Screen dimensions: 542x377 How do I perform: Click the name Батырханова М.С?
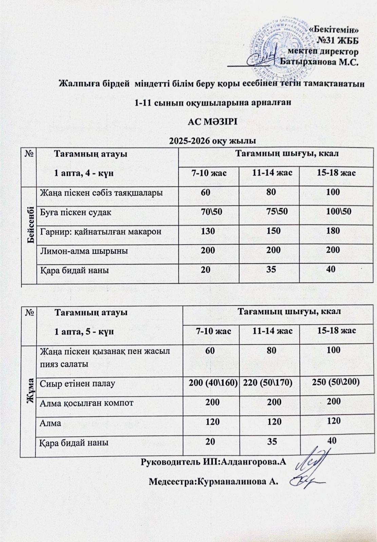tap(319, 62)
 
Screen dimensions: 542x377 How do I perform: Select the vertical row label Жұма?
tap(29, 391)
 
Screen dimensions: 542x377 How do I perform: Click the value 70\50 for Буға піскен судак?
tap(211, 212)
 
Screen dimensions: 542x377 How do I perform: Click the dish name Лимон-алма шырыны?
tap(84, 251)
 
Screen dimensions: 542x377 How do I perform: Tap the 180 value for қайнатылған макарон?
tap(333, 231)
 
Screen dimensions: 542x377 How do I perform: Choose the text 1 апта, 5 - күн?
tap(84, 331)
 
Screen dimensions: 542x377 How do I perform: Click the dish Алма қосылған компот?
tap(87, 403)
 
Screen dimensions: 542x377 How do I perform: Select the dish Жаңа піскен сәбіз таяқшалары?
tap(101, 193)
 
